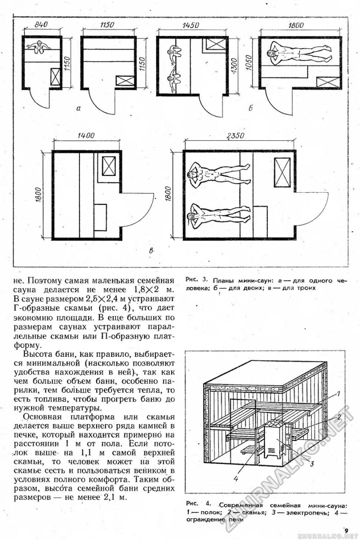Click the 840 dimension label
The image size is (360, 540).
click(41, 25)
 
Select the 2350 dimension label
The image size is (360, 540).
click(235, 136)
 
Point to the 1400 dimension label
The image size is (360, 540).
click(86, 136)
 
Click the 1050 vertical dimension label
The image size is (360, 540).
click(249, 63)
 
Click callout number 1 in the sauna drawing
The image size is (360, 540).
click(339, 394)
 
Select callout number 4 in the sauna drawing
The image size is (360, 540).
click(236, 478)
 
